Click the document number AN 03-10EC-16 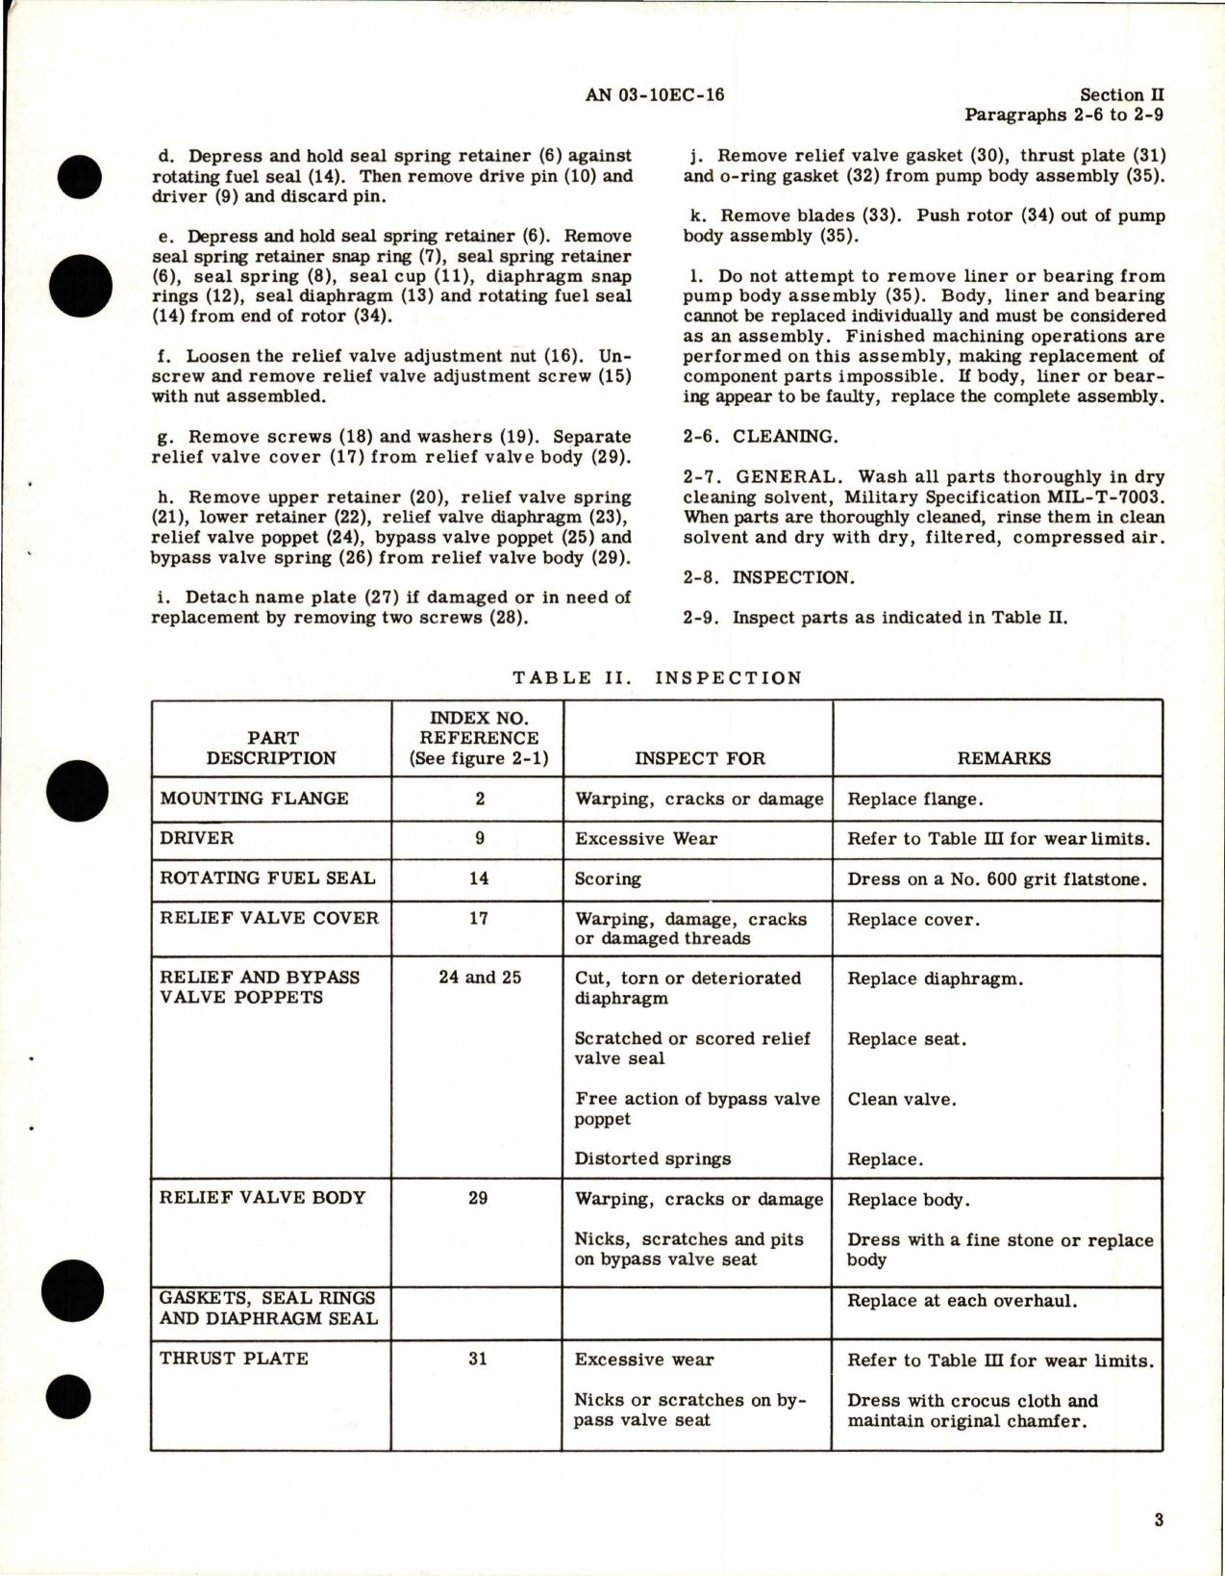tap(654, 94)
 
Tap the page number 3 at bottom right tap(1159, 1520)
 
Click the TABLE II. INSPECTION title tap(657, 677)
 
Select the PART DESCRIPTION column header tap(272, 748)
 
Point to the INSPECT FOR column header tap(699, 758)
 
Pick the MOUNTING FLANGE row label tap(254, 799)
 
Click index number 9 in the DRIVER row tap(479, 838)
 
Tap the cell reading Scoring tap(608, 878)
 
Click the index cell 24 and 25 tap(479, 978)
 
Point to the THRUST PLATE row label tap(234, 1359)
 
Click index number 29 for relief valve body tap(478, 1199)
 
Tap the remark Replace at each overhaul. tap(962, 1301)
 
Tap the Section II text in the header tap(1122, 95)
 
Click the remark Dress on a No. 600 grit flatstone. tap(997, 878)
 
